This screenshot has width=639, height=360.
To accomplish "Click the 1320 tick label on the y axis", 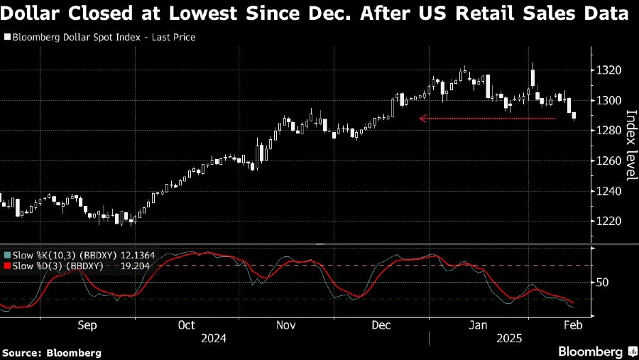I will (610, 70).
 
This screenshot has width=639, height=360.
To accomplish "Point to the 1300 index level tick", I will (610, 100).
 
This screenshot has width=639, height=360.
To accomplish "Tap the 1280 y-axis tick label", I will (610, 131).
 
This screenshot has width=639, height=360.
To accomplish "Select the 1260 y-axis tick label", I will (610, 161).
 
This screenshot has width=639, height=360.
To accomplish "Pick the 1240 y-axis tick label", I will (610, 192).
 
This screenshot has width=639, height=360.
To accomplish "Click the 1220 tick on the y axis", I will (610, 222).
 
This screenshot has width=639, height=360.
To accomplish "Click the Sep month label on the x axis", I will (87, 325).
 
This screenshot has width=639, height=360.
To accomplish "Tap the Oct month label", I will (186, 325).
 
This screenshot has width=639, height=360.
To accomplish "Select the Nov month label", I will (285, 325).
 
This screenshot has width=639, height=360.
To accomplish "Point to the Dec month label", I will (381, 325).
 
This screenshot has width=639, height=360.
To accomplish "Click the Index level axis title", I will (629, 146).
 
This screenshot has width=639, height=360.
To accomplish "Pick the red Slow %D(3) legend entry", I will (54, 266).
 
